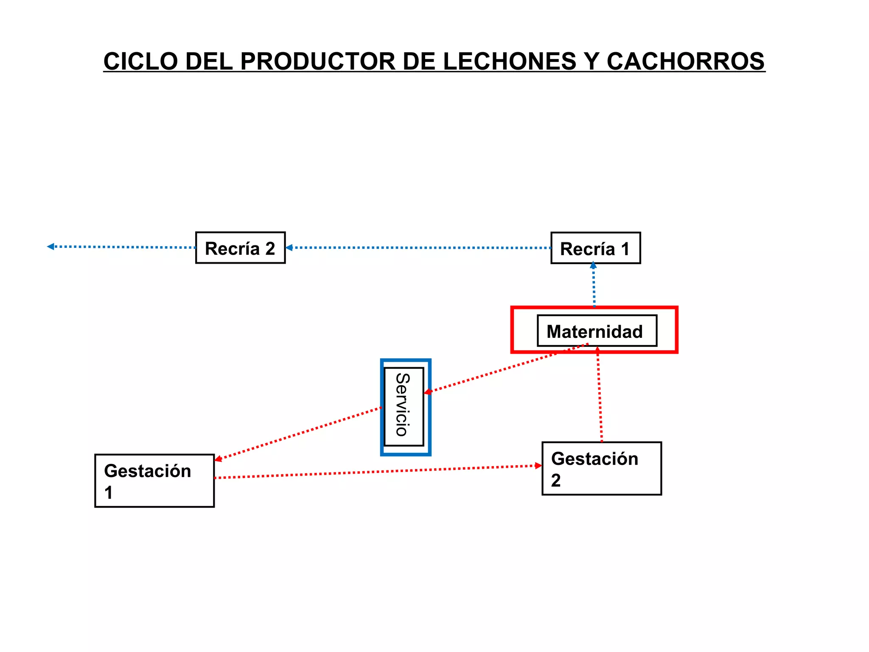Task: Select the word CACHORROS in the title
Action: (x=686, y=61)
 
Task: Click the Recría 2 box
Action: (x=240, y=248)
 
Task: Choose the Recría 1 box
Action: (x=595, y=248)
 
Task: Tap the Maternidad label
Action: (x=594, y=332)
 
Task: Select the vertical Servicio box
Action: (x=404, y=406)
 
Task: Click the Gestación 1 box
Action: (x=154, y=481)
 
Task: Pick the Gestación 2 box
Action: (x=601, y=469)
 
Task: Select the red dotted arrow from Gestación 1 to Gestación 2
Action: (x=378, y=472)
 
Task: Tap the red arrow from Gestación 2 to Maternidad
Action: (x=600, y=395)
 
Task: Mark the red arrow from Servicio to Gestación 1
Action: (x=297, y=433)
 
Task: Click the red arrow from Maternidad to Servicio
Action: (x=505, y=368)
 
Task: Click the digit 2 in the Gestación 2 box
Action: (x=556, y=481)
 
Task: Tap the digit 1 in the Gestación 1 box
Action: (x=109, y=493)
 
